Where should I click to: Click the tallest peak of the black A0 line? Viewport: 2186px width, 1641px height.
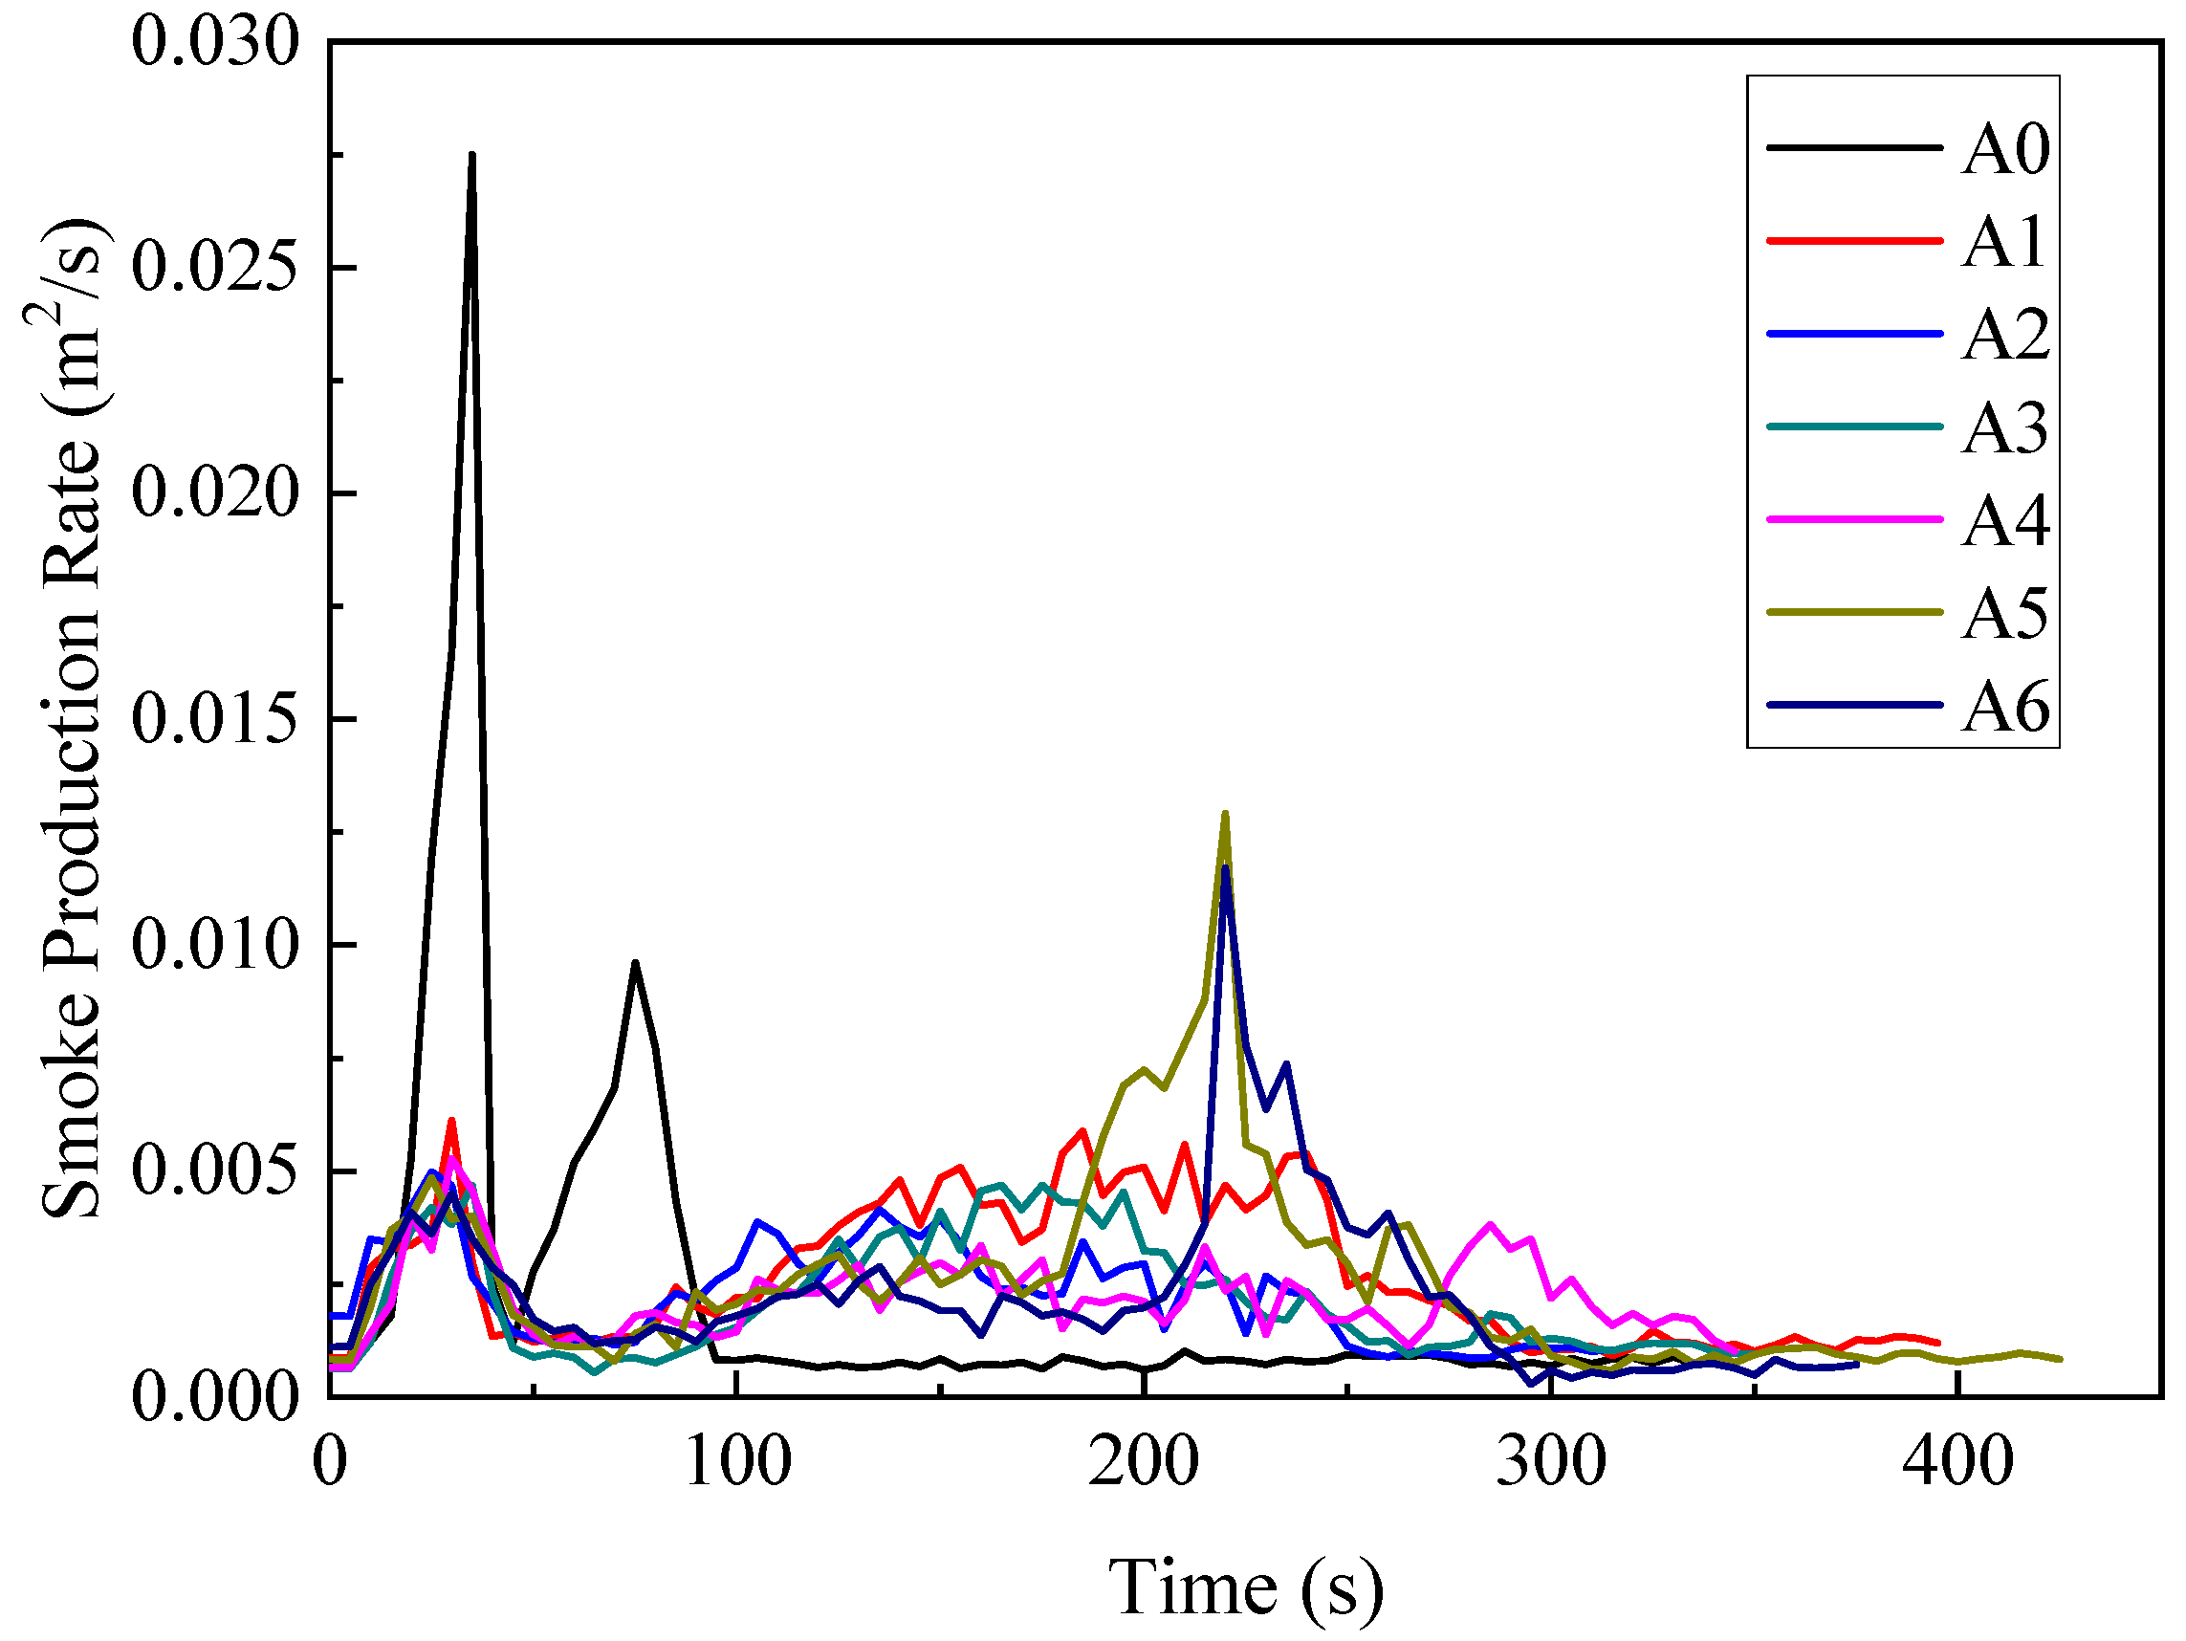point(472,155)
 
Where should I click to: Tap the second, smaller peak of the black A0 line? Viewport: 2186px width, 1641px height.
point(636,962)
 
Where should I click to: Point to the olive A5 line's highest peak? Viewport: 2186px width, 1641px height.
point(1225,814)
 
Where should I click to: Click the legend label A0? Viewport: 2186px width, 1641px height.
point(2005,149)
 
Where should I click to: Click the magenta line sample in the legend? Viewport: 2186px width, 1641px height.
point(1855,519)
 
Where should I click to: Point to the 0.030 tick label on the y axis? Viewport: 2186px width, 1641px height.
point(214,42)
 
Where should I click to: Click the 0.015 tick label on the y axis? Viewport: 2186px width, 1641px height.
point(214,719)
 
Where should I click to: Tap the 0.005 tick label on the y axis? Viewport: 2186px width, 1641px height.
point(214,1171)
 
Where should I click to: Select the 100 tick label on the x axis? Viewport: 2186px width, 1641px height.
point(737,1461)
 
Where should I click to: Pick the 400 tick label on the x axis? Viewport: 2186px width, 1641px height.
point(1957,1461)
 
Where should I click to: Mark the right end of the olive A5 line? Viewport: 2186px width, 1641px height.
point(2060,1359)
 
